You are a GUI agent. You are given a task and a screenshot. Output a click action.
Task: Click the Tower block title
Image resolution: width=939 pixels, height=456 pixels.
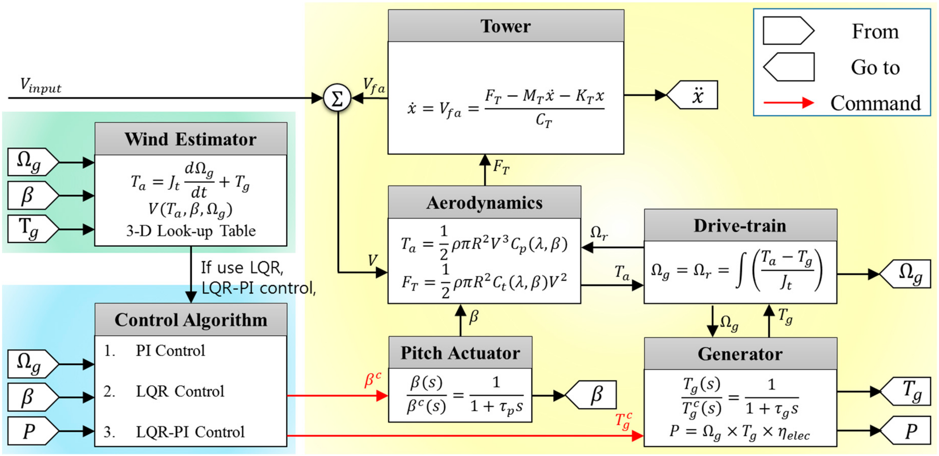coord(506,26)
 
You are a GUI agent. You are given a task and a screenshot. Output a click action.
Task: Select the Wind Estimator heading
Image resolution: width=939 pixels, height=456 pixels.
coord(190,139)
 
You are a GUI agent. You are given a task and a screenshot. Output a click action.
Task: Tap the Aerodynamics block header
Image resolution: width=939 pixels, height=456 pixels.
coord(484,203)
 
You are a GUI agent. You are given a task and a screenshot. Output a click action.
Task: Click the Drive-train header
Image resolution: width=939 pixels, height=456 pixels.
coord(740,225)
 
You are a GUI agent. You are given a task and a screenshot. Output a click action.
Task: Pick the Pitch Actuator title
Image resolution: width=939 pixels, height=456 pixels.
coord(460,353)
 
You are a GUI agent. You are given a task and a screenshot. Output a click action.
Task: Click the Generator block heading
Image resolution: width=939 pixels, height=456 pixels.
coord(740,354)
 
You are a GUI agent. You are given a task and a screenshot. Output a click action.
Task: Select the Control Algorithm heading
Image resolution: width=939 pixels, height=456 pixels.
coord(190,320)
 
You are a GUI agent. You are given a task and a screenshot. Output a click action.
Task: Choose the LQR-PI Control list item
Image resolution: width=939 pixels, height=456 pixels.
coord(190,431)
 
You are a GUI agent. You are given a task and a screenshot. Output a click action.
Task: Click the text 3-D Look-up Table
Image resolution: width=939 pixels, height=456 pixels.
coord(191,231)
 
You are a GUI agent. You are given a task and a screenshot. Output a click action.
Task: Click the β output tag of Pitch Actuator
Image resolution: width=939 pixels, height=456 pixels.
coord(592,395)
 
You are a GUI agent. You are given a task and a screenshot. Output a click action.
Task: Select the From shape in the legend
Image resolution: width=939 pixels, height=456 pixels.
coord(788,31)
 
